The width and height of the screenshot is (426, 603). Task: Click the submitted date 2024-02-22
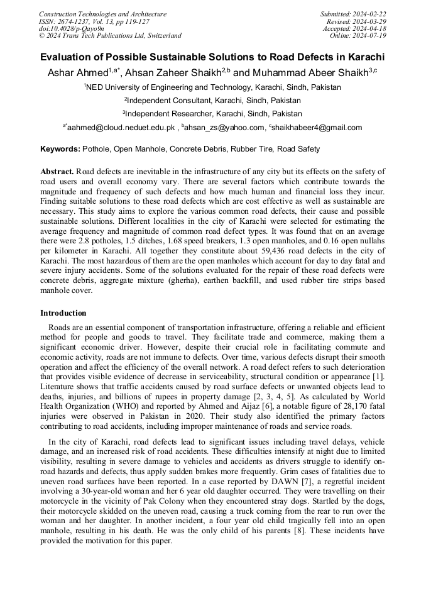[x=369, y=14]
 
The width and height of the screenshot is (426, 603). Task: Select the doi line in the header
[x=72, y=29]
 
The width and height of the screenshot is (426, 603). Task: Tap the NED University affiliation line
[x=214, y=87]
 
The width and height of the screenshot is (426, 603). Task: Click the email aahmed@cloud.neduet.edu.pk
[x=121, y=128]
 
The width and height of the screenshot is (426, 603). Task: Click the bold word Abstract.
[x=57, y=172]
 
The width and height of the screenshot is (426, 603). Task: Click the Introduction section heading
[x=63, y=313]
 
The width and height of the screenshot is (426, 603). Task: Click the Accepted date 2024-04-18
[x=369, y=29]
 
